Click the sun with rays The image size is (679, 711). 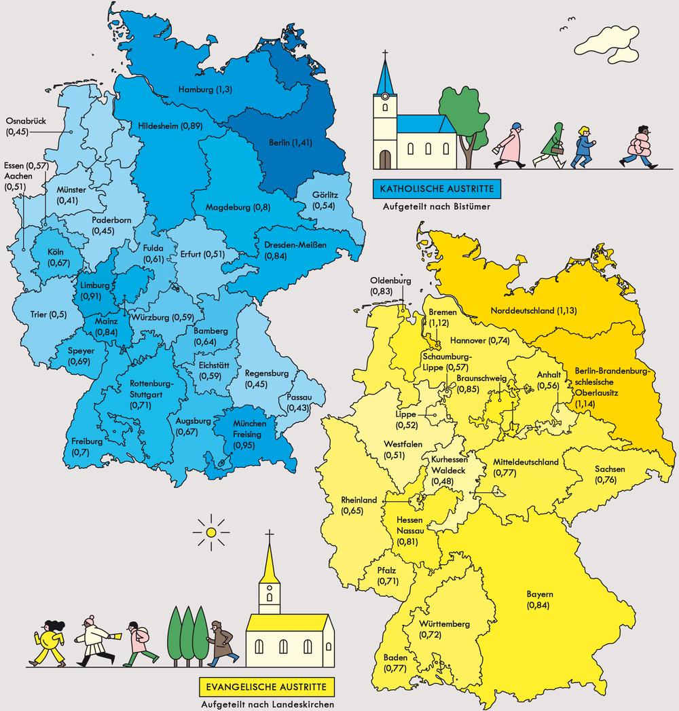point(212,533)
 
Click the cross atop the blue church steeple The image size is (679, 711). point(386,55)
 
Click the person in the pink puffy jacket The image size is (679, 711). point(639,147)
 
